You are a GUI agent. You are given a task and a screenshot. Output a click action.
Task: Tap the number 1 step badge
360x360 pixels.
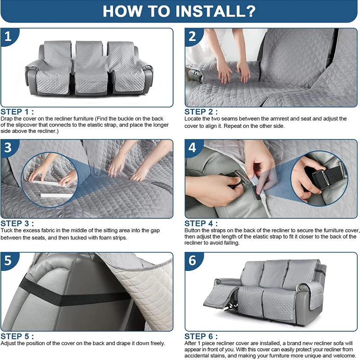pyautogui.click(x=9, y=36)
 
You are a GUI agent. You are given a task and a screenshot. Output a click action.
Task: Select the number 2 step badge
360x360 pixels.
pyautogui.click(x=193, y=36)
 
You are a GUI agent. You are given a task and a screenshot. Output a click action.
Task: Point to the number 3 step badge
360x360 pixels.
pyautogui.click(x=9, y=148)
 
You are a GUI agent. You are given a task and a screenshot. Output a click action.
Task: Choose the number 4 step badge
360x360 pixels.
pyautogui.click(x=193, y=148)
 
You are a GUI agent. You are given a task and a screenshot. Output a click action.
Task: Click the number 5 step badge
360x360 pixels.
pyautogui.click(x=9, y=261)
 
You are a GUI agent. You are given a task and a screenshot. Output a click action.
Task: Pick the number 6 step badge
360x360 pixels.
pyautogui.click(x=193, y=261)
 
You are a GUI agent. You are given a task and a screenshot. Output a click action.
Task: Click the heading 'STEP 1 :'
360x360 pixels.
pyautogui.click(x=17, y=112)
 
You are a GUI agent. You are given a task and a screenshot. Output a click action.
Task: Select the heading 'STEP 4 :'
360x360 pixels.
pyautogui.click(x=201, y=223)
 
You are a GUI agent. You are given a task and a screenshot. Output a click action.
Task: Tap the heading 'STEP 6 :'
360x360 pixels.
pyautogui.click(x=201, y=336)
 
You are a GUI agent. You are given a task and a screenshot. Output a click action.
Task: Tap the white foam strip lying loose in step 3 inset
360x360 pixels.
pyautogui.click(x=57, y=195)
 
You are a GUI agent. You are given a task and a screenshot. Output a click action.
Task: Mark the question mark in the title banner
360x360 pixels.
pyautogui.click(x=251, y=11)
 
